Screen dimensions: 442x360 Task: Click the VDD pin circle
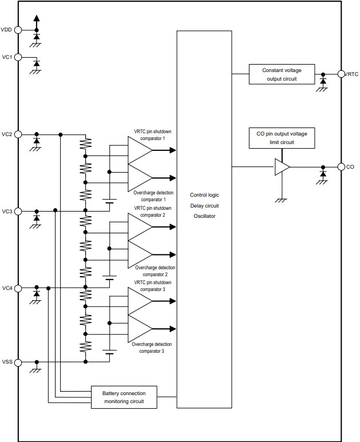pos(18,30)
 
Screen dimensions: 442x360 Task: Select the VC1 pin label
pos(7,57)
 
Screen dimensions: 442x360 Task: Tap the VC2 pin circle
pos(18,134)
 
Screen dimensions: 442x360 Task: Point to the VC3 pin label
pos(7,212)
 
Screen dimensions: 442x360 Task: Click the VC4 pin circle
pos(18,288)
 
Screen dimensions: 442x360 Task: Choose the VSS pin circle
pos(18,362)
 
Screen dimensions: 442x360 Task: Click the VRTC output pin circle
pos(341,74)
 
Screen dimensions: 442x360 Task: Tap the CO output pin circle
pos(341,167)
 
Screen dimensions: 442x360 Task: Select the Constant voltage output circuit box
pos(282,74)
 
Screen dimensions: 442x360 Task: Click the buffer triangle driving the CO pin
pos(282,167)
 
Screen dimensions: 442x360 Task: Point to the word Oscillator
pos(204,216)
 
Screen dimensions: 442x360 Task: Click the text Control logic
pos(204,195)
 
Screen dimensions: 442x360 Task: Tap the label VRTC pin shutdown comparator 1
pos(152,135)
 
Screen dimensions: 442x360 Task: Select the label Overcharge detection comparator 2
pos(155,271)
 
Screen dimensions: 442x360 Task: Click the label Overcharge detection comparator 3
pos(148,348)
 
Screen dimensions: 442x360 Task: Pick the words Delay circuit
pos(204,205)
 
